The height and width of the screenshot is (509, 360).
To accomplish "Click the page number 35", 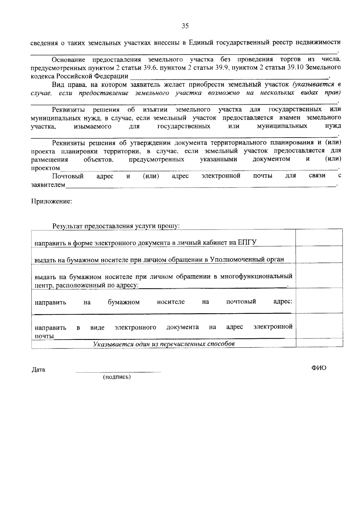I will coord(185,26).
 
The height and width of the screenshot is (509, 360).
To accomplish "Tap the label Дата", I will coord(38,370).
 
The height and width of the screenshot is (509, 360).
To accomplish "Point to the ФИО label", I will coord(319,368).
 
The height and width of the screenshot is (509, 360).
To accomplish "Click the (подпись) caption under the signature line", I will coord(117,377).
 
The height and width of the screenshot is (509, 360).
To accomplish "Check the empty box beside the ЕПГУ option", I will coord(319,238).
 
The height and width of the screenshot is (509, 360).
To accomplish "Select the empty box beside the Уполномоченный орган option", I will coord(319,255).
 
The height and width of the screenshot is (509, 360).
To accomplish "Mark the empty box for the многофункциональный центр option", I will coord(319,276).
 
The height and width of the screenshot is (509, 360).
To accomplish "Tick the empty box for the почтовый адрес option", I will coord(319,301).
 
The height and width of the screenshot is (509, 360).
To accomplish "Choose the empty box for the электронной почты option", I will coord(319,326).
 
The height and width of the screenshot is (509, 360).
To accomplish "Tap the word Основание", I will coord(68,60).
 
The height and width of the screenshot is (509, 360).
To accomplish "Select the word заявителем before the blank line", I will coord(48,185).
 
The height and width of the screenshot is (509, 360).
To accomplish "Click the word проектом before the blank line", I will coord(45,168).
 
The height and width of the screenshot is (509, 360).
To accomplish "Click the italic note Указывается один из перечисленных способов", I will coord(164,344).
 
